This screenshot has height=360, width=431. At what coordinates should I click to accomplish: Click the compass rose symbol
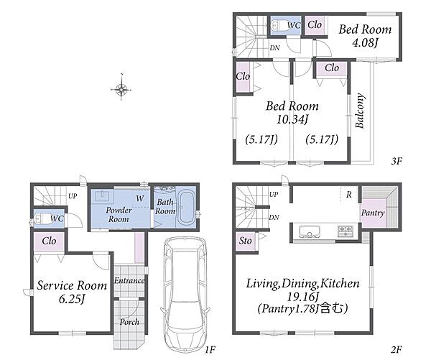pos(121,89)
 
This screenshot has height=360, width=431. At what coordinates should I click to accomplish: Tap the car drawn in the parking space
pos(185,295)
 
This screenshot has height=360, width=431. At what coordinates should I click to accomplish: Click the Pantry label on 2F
pos(373,213)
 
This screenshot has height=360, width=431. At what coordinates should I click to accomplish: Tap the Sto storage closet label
pos(245,241)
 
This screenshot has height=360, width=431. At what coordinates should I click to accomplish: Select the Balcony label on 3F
pos(360,111)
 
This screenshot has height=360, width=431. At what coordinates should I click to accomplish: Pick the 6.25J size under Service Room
pos(71,299)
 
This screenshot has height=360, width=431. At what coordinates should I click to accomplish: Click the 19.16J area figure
pos(302,297)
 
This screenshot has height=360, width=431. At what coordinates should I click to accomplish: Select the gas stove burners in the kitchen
pos(346,231)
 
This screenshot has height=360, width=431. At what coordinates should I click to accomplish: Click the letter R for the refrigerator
pos(349,195)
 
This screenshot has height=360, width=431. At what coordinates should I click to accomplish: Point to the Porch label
pos(129,322)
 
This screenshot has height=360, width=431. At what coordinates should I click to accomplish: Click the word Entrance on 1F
pos(129,280)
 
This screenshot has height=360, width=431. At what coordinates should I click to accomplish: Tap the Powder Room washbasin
pos(102,196)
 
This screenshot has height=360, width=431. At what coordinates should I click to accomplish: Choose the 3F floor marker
pos(397,161)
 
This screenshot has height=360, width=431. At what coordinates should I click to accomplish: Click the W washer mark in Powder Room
pos(140,198)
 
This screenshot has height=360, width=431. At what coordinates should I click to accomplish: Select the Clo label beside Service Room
pos(49,241)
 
